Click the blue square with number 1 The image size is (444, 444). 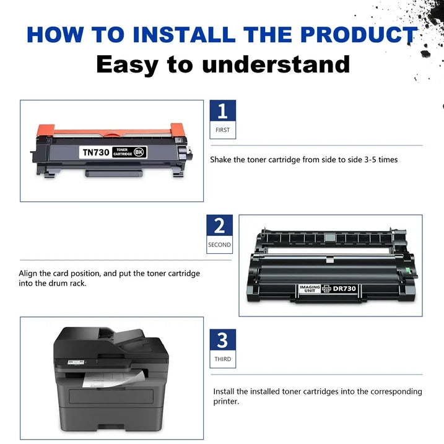[x=222, y=111]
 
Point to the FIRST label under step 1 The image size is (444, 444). [x=222, y=130]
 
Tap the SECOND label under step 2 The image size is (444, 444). [x=219, y=245]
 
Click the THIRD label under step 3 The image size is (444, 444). [x=222, y=359]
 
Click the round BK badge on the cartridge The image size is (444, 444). [x=139, y=151]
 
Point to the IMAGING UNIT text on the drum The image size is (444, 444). [x=310, y=289]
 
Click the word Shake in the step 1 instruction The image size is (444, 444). [x=221, y=160]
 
